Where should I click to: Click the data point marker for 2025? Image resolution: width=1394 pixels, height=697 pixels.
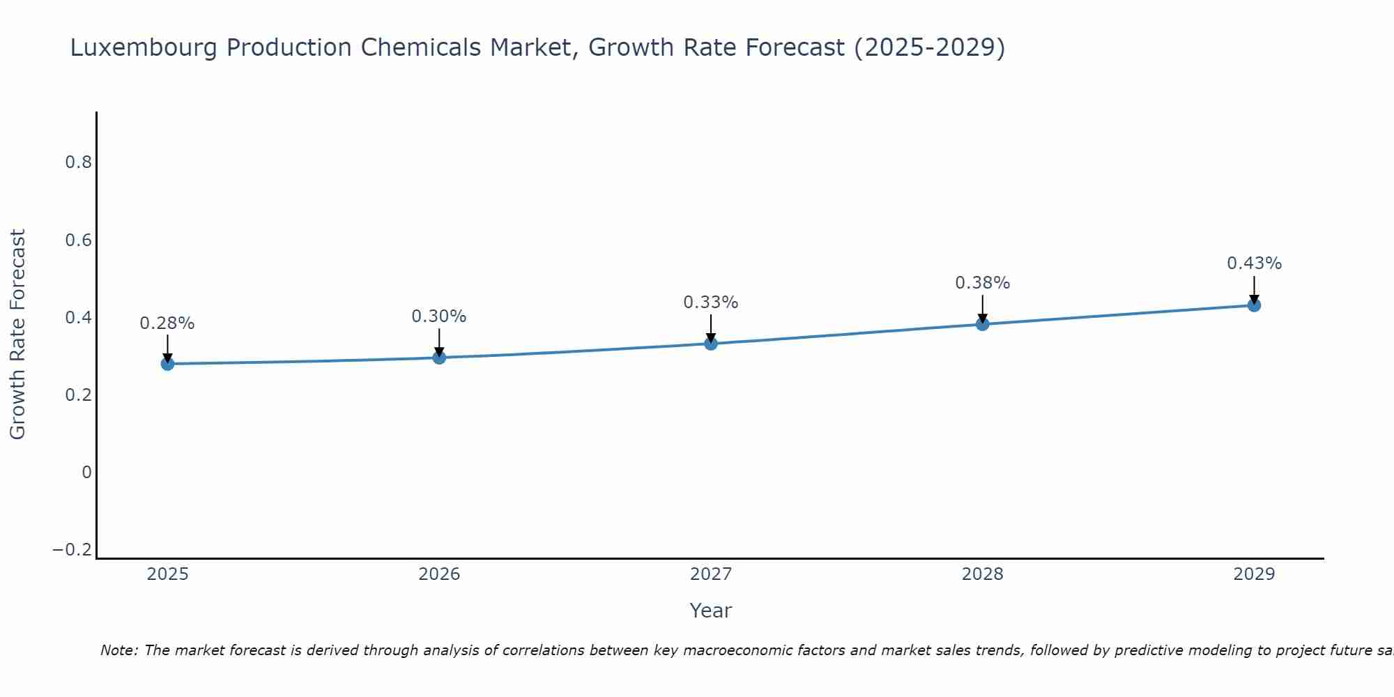[x=167, y=363]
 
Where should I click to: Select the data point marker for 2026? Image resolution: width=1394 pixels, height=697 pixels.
[x=439, y=358]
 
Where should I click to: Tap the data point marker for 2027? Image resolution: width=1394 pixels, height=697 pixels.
[x=711, y=343]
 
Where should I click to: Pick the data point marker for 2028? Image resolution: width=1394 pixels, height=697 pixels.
[x=983, y=324]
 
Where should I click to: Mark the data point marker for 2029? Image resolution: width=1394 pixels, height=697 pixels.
[x=1254, y=305]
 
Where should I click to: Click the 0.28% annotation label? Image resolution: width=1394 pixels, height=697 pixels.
[x=167, y=323]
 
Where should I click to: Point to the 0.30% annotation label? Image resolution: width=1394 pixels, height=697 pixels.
[x=439, y=316]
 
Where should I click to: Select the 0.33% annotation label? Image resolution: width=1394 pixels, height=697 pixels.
[x=711, y=302]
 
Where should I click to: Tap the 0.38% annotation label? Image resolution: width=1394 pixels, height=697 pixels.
[x=983, y=283]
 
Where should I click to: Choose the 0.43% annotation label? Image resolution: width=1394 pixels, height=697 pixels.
[x=1254, y=263]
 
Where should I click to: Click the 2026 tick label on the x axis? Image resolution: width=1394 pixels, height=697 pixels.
[x=439, y=574]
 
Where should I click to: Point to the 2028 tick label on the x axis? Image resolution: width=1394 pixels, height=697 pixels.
[x=983, y=574]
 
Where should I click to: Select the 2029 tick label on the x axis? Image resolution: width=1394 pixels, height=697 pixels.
[x=1254, y=574]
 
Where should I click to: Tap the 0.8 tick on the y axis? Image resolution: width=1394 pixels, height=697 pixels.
[x=78, y=162]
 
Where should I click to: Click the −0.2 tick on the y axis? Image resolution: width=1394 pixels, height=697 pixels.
[x=72, y=550]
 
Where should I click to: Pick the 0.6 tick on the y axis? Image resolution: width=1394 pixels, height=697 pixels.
[x=78, y=240]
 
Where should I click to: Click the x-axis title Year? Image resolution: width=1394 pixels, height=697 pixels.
[x=711, y=611]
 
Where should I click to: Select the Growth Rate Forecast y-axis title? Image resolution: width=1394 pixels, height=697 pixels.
[x=18, y=335]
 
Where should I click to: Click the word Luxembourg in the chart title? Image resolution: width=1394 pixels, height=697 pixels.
[x=144, y=47]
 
